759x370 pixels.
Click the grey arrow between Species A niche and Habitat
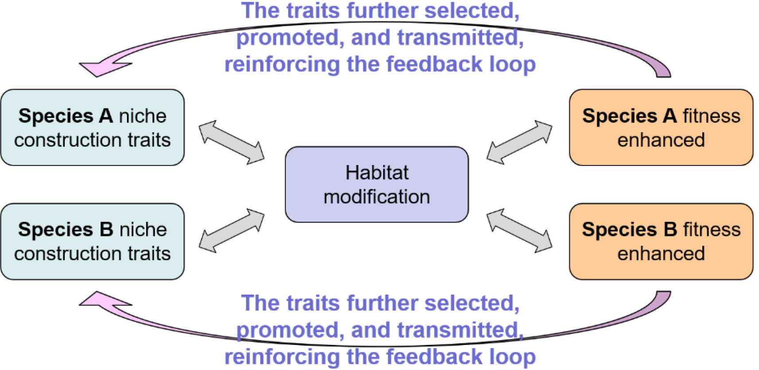click(231, 142)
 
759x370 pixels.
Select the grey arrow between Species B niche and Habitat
click(231, 231)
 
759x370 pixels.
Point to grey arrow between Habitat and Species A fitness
click(519, 142)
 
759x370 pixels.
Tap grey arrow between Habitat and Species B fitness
click(519, 231)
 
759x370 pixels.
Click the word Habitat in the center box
click(377, 173)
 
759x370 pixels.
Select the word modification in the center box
click(377, 197)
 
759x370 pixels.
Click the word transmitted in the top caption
click(460, 38)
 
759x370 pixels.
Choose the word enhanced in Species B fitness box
click(661, 254)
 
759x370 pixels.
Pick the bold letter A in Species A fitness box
click(669, 116)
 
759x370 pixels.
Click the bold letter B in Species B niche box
click(106, 230)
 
